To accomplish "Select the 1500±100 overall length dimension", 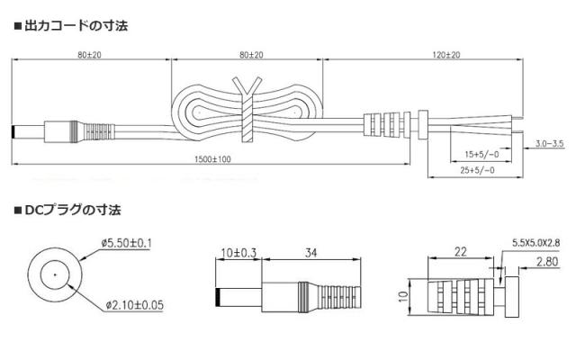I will pos(213,159).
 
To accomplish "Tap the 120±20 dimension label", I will pos(445,56).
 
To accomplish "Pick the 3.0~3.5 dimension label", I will pos(549,144).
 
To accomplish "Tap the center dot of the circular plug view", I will pos(56,274).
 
